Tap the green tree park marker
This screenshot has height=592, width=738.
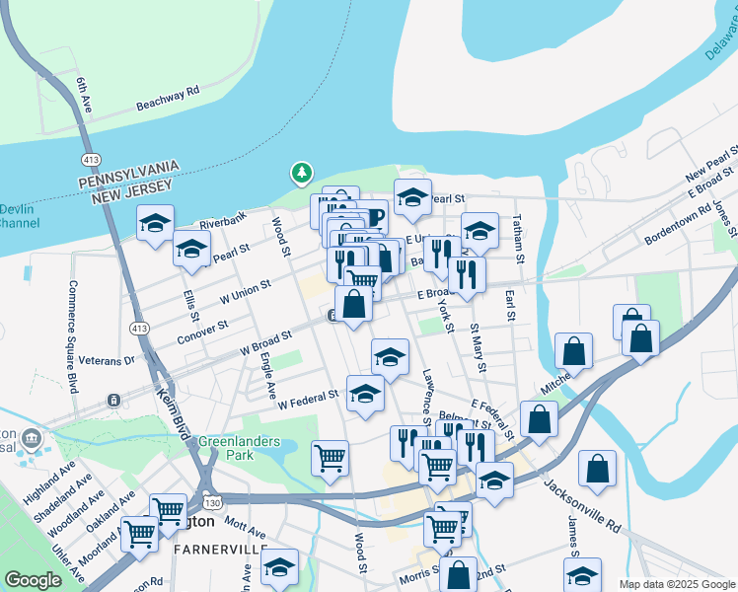[301, 174]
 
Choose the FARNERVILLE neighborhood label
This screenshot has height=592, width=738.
[221, 548]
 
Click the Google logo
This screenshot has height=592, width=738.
[33, 580]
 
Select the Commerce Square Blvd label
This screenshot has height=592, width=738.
[73, 336]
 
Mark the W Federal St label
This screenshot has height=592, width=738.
[308, 399]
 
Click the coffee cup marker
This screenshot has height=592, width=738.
[372, 218]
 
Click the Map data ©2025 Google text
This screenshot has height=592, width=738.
[677, 584]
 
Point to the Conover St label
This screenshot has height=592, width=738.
[202, 330]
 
